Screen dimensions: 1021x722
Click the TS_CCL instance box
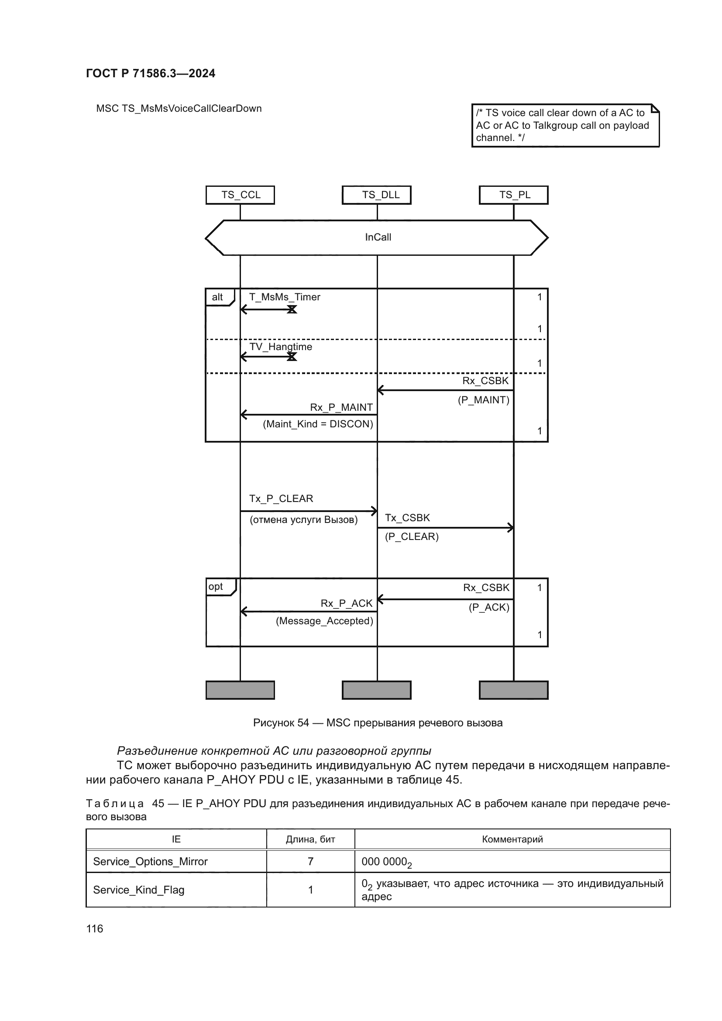point(240,195)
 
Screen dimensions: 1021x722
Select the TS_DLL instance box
point(377,195)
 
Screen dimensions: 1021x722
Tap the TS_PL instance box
point(513,195)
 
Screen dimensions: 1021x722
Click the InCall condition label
point(378,237)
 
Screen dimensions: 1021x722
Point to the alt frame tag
point(218,297)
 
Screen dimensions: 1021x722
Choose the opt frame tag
point(217,587)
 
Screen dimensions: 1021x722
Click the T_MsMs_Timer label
point(285,297)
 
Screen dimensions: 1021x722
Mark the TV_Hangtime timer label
point(281,347)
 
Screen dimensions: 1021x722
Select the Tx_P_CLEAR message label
point(281,498)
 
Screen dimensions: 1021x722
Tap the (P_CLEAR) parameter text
point(412,537)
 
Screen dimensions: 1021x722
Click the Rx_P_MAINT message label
point(341,407)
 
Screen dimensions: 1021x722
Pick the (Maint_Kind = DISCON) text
point(318,424)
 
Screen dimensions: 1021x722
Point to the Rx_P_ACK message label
point(347,603)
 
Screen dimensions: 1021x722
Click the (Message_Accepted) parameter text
point(324,621)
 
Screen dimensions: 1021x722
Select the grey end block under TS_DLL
point(377,690)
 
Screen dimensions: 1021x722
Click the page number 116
point(95,929)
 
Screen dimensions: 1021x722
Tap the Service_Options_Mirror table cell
point(150,862)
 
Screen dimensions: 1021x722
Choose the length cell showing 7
point(310,862)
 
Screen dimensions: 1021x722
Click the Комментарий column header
point(512,839)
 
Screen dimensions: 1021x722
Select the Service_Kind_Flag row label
point(139,890)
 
